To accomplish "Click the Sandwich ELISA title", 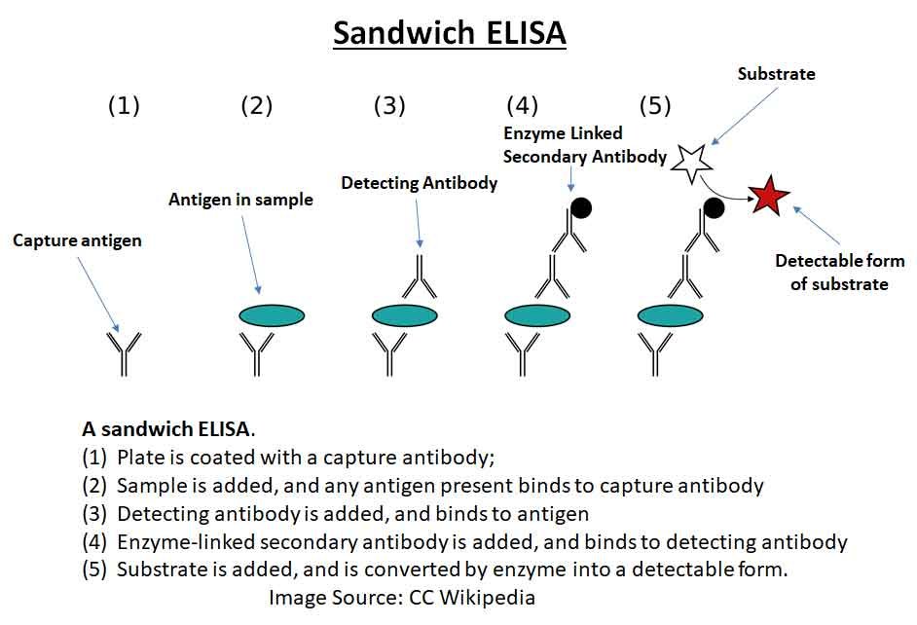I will tap(449, 32).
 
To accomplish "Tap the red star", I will tap(769, 198).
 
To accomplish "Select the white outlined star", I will tap(692, 163).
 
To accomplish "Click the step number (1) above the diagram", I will tap(124, 106).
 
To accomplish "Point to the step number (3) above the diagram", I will tap(389, 106).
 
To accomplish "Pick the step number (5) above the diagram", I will tap(654, 106).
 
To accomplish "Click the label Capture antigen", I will tap(77, 240).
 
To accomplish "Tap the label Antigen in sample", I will tap(240, 200).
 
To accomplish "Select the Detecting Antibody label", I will tap(419, 183).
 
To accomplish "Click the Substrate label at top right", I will tap(776, 74).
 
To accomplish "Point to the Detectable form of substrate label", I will tap(839, 273).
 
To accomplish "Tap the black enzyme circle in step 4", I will tap(581, 206).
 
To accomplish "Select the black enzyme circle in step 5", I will tap(714, 206).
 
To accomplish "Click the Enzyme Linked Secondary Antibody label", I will tap(584, 144).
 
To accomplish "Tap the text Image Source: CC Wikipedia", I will tap(402, 597).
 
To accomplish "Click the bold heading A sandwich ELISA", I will tap(168, 428).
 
